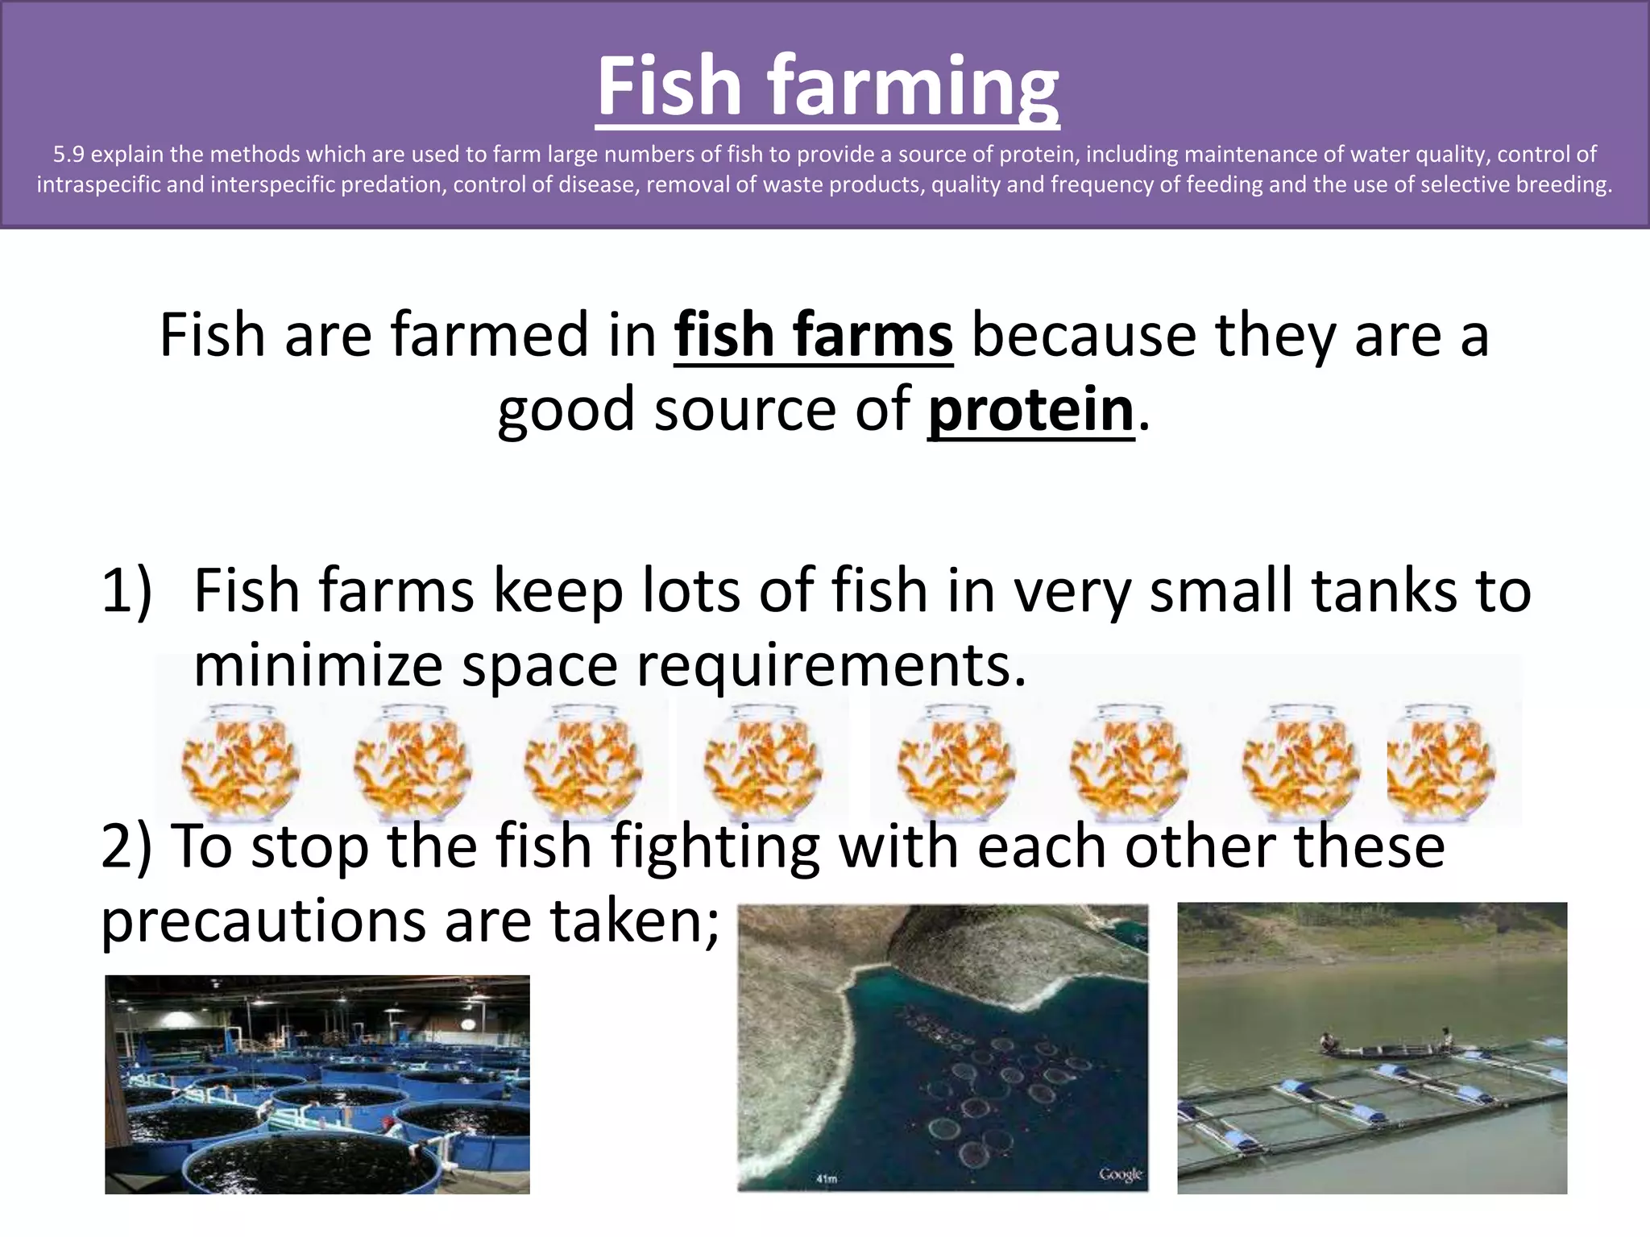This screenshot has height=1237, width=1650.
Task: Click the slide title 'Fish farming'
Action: point(827,86)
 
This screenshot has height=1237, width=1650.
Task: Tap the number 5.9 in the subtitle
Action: point(68,155)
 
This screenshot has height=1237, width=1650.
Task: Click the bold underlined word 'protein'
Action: point(1030,410)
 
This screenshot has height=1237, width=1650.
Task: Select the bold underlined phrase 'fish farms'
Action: point(814,336)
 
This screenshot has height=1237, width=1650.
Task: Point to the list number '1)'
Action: point(126,591)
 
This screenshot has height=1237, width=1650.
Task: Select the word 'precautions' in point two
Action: point(263,922)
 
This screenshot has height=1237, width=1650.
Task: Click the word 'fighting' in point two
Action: point(714,848)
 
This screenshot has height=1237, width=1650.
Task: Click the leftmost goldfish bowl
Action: point(239,761)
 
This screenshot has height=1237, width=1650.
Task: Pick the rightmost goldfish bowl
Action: point(1442,761)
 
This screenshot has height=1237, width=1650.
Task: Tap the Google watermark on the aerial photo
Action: point(1121,1174)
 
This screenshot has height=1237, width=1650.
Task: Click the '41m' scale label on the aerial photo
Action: point(827,1179)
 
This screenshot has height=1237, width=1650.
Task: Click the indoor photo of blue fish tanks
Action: point(317,1084)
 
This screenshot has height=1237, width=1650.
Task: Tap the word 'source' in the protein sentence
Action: point(744,410)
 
